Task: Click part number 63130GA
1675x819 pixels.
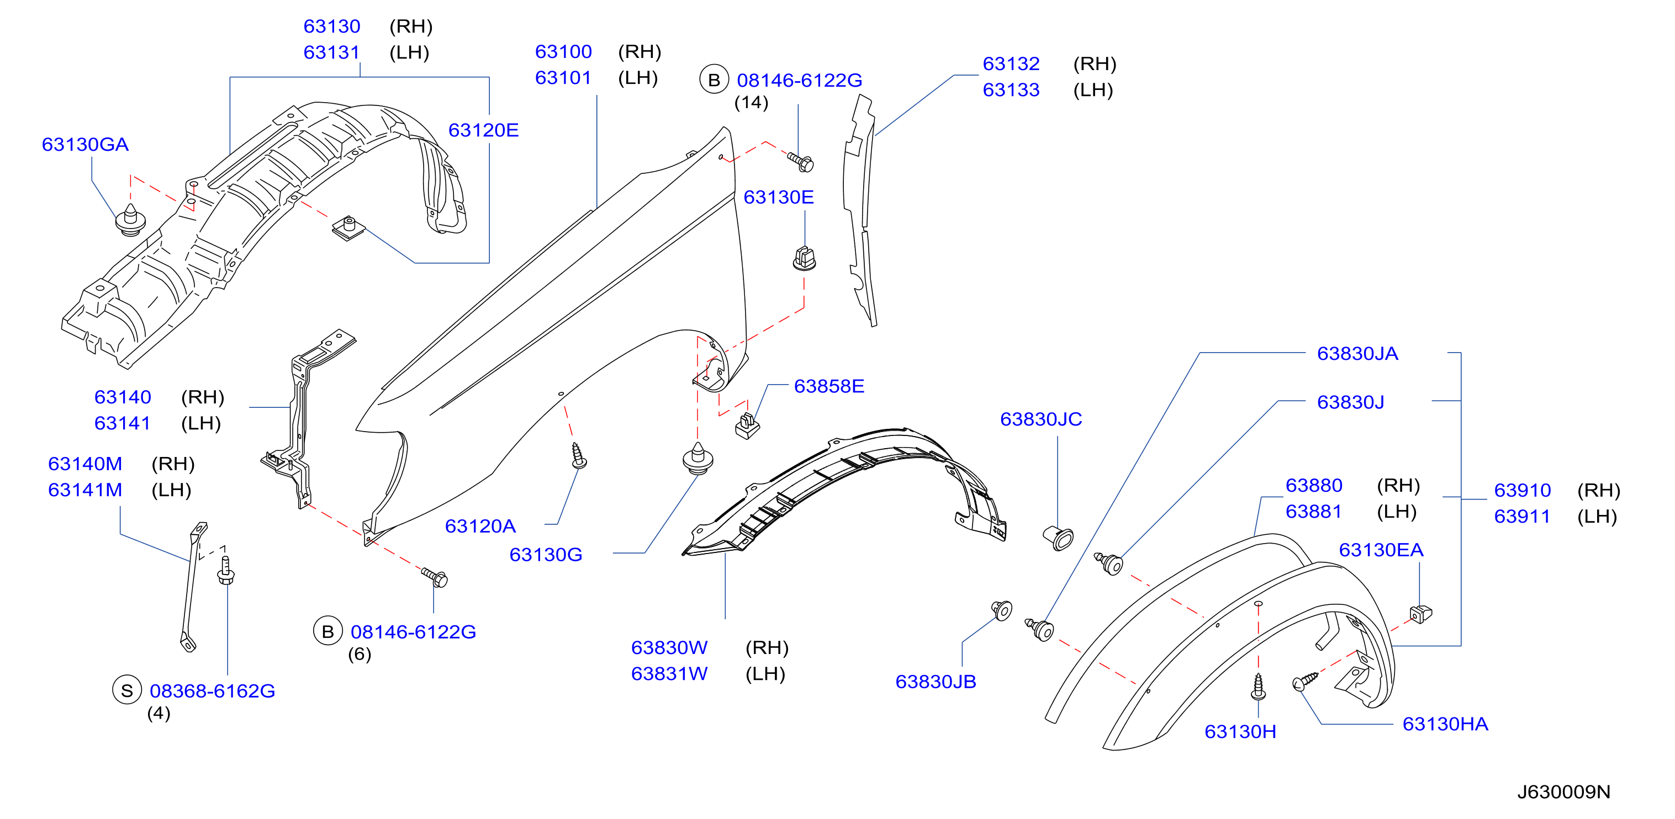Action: click(x=85, y=144)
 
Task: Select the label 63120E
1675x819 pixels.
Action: click(x=483, y=130)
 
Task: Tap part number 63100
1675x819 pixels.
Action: click(x=563, y=51)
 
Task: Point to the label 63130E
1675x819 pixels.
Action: click(x=778, y=197)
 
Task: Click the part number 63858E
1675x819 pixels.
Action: click(x=829, y=386)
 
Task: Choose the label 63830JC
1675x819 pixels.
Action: click(x=1041, y=419)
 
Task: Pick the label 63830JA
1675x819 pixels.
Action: click(x=1357, y=354)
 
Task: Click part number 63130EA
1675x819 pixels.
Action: click(x=1381, y=550)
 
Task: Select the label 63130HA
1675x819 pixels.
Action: click(x=1445, y=724)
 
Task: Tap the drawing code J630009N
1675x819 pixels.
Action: click(x=1564, y=792)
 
